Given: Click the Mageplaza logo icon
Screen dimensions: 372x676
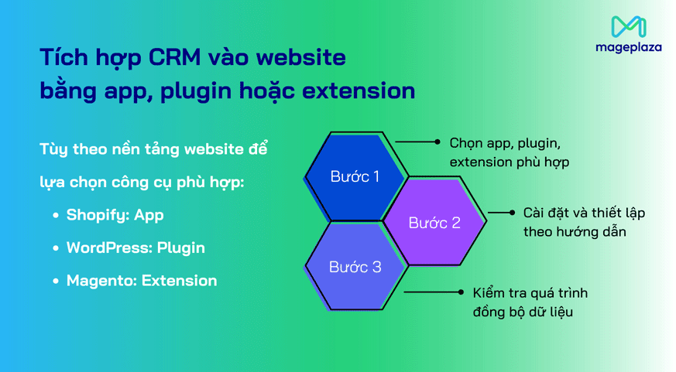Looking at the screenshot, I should pos(628,26).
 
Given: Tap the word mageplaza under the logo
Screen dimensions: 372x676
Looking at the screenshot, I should pos(628,47).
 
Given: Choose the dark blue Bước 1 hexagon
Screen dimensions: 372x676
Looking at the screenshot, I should pos(355,176).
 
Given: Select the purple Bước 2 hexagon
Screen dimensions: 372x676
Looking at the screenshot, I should pos(434,223).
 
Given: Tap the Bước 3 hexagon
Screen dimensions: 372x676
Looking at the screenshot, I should pos(355,268).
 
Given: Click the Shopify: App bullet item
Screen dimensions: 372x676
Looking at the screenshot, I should pos(115,215).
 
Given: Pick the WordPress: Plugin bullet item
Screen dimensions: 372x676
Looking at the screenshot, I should pos(135,248).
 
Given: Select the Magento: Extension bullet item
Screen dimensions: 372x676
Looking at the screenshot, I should pos(141,281).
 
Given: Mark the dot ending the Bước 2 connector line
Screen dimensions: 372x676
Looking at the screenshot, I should pos(512,212).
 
